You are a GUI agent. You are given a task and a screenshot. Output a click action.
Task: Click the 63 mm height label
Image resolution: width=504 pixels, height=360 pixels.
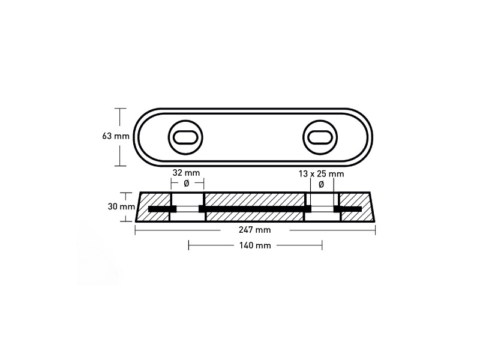tap(116, 136)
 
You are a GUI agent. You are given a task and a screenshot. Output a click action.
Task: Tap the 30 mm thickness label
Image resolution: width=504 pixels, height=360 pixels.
tap(121, 206)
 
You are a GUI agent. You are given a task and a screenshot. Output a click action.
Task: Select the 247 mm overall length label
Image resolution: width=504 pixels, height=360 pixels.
tap(254, 230)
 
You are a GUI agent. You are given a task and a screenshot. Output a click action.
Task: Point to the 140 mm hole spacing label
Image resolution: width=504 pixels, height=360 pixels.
tap(255, 245)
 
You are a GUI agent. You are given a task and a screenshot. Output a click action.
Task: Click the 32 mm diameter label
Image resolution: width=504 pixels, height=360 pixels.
tap(186, 173)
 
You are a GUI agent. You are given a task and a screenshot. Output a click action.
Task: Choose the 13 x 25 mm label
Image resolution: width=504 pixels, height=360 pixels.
tap(321, 174)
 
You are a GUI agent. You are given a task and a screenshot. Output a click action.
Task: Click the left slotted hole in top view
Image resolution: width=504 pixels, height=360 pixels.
tap(185, 137)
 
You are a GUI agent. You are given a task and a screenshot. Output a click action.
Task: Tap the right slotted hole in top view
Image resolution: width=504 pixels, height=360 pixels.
tap(320, 137)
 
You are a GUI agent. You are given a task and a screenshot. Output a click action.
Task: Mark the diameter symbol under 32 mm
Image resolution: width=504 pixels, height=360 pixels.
tap(186, 184)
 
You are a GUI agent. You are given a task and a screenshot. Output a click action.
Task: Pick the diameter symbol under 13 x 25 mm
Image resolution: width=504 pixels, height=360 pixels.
tap(321, 185)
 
